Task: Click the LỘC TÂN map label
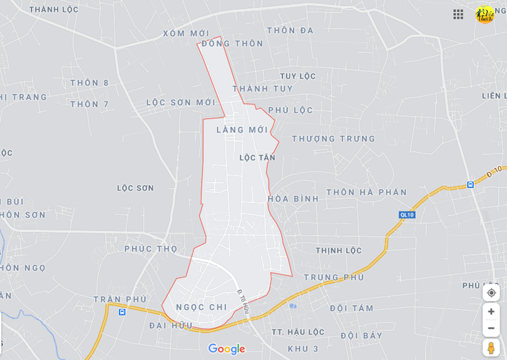[x=257, y=158]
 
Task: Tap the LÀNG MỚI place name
[x=242, y=130]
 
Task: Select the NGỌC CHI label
[x=202, y=307]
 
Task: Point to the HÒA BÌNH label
[x=294, y=198]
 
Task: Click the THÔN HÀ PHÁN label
[x=366, y=192]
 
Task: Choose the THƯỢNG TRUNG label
[x=334, y=138]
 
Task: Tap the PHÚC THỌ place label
[x=151, y=249]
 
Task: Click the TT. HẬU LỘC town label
[x=298, y=332]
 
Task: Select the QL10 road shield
[x=407, y=215]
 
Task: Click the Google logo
[x=227, y=349]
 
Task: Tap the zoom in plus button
[x=491, y=312]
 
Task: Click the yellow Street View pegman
[x=491, y=347]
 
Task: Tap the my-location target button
[x=491, y=292]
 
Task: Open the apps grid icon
[x=458, y=14]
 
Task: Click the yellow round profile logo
[x=484, y=14]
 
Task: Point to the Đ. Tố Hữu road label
[x=243, y=302]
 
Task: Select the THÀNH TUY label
[x=262, y=89]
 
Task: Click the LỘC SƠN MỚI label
[x=181, y=102]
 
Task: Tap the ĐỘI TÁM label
[x=352, y=308]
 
